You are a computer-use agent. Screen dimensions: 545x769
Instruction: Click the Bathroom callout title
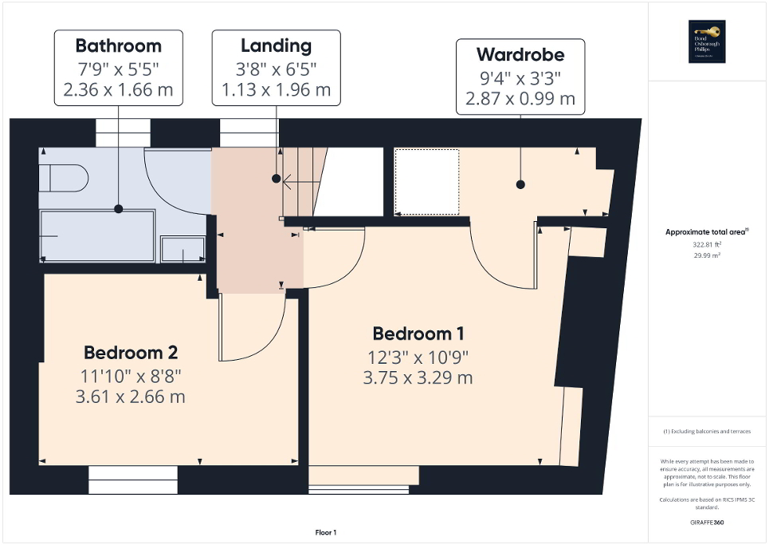(x=118, y=45)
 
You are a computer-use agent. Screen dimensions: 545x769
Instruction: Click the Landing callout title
(x=276, y=45)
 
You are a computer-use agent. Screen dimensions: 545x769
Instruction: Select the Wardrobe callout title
(x=520, y=55)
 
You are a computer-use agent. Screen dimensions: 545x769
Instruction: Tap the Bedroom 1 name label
(x=418, y=334)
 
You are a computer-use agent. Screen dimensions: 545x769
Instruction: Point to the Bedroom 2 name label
(x=131, y=352)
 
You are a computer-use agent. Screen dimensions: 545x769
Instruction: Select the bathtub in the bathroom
(x=97, y=236)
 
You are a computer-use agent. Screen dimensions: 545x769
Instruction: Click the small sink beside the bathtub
(x=182, y=249)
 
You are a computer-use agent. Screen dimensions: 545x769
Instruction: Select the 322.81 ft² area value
(x=707, y=245)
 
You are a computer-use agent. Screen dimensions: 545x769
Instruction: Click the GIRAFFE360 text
(x=708, y=523)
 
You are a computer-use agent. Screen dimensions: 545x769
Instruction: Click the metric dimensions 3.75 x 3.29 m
(x=418, y=377)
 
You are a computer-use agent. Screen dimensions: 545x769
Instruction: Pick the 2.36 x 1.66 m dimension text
(x=118, y=89)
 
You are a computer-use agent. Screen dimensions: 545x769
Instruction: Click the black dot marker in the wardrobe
(x=520, y=184)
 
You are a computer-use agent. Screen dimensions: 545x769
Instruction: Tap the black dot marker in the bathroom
(x=118, y=208)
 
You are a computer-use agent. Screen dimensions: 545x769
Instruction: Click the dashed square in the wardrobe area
(x=428, y=182)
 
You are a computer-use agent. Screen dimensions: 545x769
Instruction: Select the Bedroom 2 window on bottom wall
(x=132, y=480)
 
